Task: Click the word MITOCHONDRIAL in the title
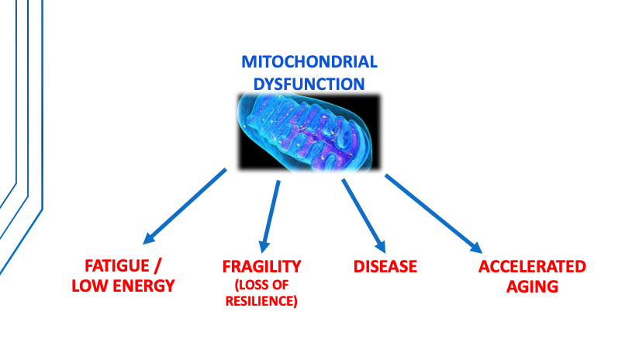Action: click(x=309, y=62)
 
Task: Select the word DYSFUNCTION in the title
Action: click(x=309, y=84)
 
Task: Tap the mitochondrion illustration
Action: click(x=309, y=132)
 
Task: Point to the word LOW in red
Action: click(x=90, y=286)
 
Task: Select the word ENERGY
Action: click(x=143, y=286)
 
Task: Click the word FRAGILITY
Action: click(x=261, y=267)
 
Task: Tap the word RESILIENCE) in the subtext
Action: click(x=261, y=301)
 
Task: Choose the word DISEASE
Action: click(x=385, y=267)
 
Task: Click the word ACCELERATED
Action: click(x=532, y=267)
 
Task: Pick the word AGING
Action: click(x=532, y=286)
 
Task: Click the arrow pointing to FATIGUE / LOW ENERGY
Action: click(x=185, y=206)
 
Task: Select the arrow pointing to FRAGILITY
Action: click(x=270, y=216)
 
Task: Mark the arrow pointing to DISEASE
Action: click(x=364, y=216)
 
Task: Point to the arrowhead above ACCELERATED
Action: click(x=476, y=247)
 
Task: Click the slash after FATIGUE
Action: click(x=157, y=266)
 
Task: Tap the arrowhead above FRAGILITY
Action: click(x=264, y=246)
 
